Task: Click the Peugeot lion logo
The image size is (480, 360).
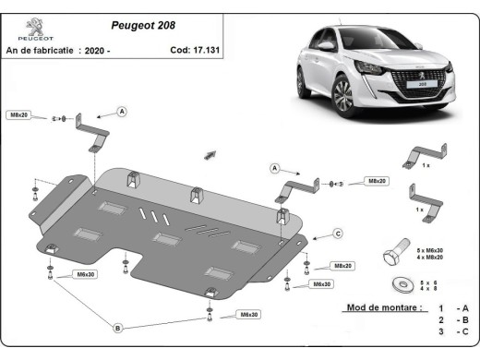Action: pos(33,24)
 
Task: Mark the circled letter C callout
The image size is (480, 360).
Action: pos(338,233)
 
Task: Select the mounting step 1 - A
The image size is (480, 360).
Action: pos(453,306)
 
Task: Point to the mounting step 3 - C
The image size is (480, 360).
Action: pos(453,330)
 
